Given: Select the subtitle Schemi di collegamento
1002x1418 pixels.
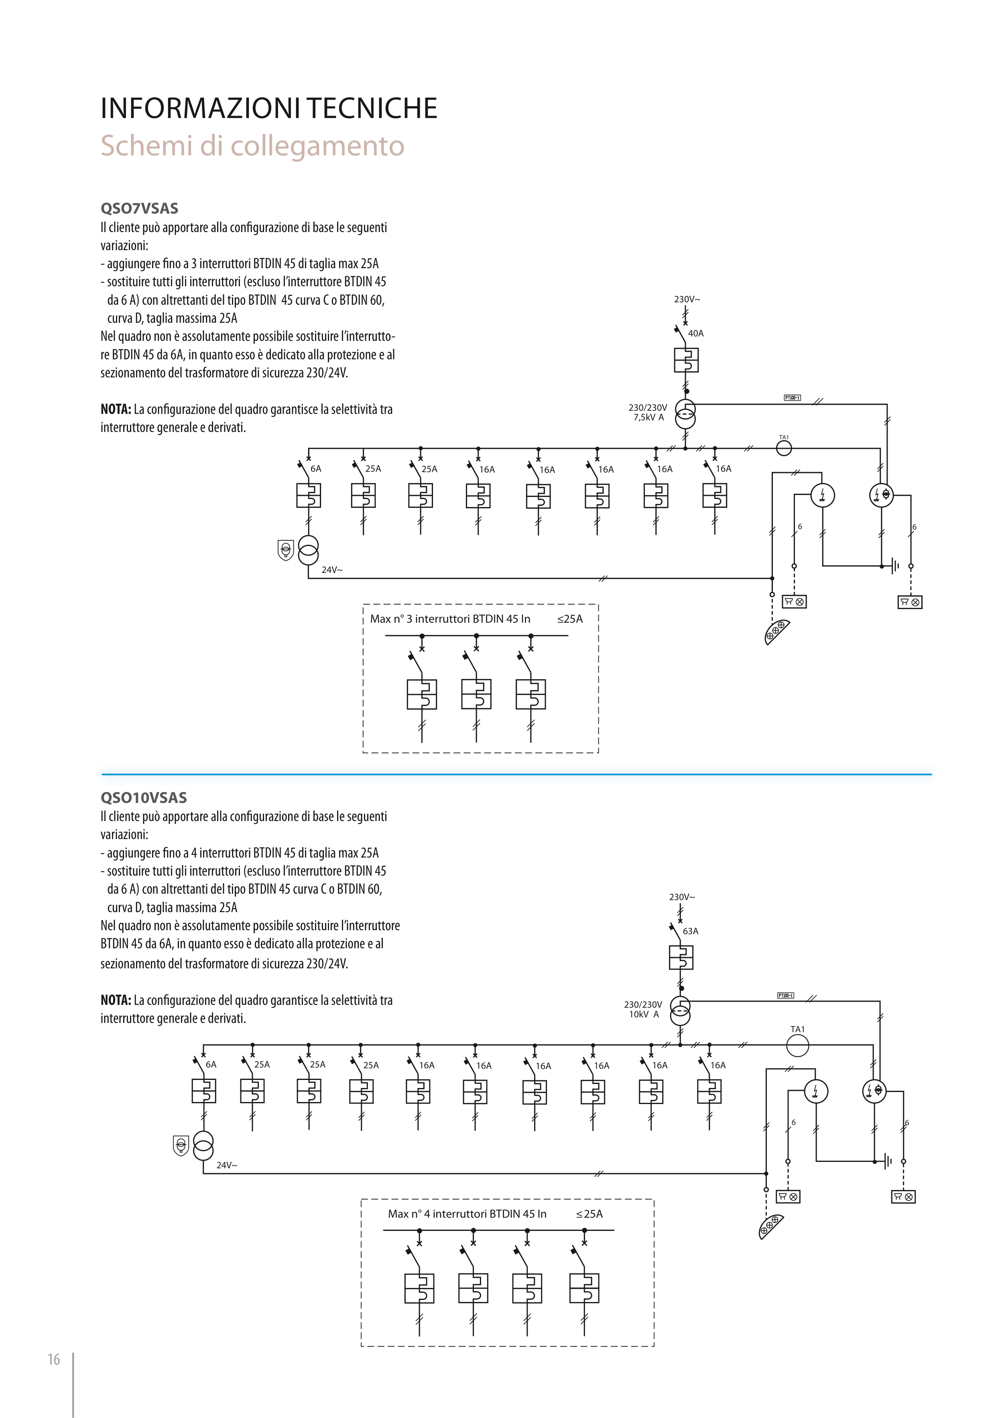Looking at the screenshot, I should [252, 147].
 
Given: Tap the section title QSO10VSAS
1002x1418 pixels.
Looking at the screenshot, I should [143, 797].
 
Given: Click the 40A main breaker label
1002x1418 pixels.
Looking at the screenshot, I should [696, 334].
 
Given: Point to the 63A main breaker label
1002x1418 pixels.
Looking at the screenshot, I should [690, 931].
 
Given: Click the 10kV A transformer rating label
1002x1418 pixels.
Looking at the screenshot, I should [644, 1015].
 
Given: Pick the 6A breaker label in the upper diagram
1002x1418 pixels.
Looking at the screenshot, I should [315, 469].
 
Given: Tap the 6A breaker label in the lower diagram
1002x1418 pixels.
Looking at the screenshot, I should [211, 1065].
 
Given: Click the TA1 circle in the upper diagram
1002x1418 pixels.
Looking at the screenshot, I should [783, 448].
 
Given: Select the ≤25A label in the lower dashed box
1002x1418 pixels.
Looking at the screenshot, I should [589, 1214].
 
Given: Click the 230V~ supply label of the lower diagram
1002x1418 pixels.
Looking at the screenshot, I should [682, 897].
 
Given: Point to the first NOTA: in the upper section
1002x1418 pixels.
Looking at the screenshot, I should [116, 410].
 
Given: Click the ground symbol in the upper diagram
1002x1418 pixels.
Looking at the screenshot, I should [894, 566].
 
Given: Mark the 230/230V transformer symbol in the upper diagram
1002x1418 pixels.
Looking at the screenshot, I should [685, 414].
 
